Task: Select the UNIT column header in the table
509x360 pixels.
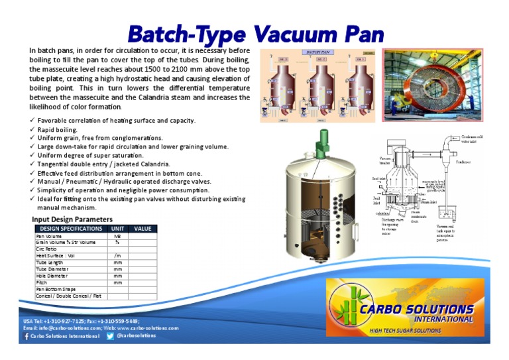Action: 117,229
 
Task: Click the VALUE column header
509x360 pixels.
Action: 142,229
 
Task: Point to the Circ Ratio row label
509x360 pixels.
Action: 46,249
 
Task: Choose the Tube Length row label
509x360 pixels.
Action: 49,263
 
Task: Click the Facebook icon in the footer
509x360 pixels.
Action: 27,337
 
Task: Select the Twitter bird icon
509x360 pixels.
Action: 110,336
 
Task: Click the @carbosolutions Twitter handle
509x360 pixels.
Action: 136,336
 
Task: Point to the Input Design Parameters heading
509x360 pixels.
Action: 72,219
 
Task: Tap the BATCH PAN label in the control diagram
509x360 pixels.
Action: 316,51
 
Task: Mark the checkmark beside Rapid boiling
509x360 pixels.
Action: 33,130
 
